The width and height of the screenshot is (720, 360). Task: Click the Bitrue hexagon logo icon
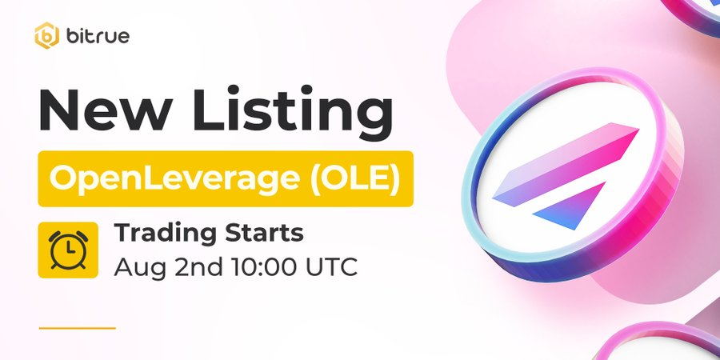[48, 36]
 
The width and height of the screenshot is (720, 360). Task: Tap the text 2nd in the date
[185, 266]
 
